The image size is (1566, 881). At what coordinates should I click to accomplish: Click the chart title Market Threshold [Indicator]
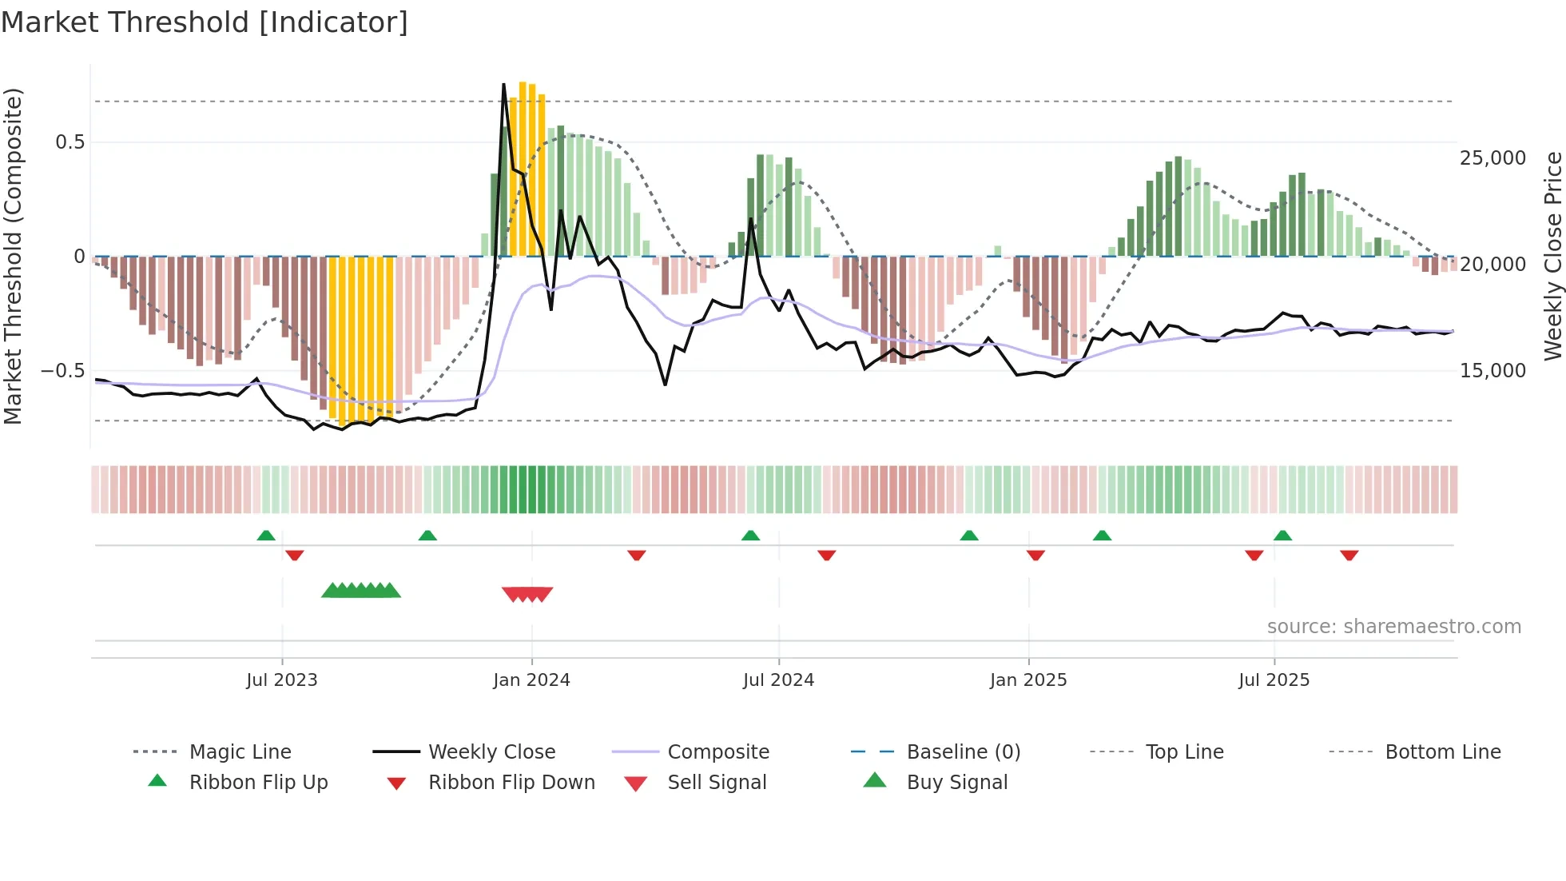pyautogui.click(x=205, y=22)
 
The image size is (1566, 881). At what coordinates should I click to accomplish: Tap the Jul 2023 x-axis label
pyautogui.click(x=281, y=680)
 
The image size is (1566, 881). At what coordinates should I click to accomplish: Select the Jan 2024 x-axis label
pyautogui.click(x=531, y=680)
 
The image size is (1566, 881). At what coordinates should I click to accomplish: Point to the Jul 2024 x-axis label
pyautogui.click(x=778, y=680)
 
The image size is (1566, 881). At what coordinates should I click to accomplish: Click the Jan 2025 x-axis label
pyautogui.click(x=1028, y=680)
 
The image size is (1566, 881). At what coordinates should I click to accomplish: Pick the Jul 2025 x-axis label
pyautogui.click(x=1274, y=680)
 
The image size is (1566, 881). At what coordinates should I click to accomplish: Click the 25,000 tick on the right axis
pyautogui.click(x=1492, y=158)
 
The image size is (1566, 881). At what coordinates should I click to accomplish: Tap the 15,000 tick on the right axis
pyautogui.click(x=1492, y=371)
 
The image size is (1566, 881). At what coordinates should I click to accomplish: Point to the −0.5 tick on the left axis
pyautogui.click(x=62, y=371)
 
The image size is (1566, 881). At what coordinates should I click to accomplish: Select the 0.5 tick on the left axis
pyautogui.click(x=70, y=142)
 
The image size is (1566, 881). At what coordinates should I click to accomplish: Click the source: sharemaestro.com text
pyautogui.click(x=1393, y=627)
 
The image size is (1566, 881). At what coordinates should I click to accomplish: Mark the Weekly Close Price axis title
pyautogui.click(x=1552, y=256)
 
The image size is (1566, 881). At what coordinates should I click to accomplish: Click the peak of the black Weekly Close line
pyautogui.click(x=503, y=84)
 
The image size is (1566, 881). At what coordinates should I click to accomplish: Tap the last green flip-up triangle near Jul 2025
pyautogui.click(x=1282, y=536)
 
